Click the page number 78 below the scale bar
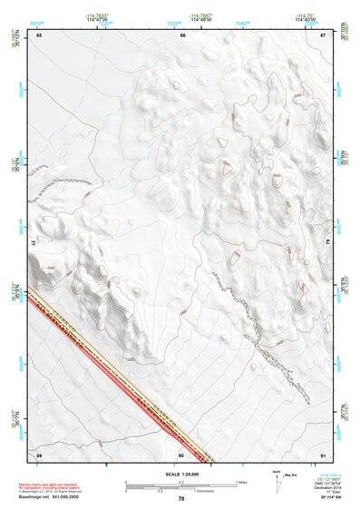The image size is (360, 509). click(x=181, y=499)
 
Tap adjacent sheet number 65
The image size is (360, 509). click(x=40, y=35)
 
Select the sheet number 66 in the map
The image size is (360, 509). click(x=182, y=35)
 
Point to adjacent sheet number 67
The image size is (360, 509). click(x=322, y=35)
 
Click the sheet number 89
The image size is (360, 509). click(x=40, y=454)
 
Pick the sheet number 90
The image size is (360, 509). click(x=181, y=454)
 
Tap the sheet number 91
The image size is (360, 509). click(x=322, y=454)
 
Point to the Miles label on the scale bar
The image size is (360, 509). click(x=240, y=481)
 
